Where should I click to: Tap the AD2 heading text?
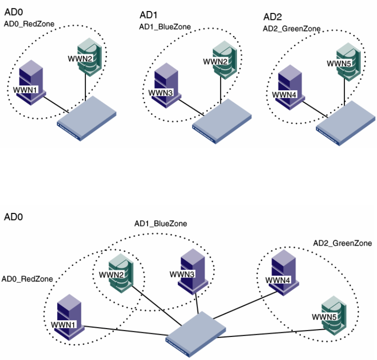point(272,18)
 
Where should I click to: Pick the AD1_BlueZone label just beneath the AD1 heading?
point(165,27)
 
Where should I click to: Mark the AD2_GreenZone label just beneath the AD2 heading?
point(291,30)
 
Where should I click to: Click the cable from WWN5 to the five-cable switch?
point(272,333)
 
